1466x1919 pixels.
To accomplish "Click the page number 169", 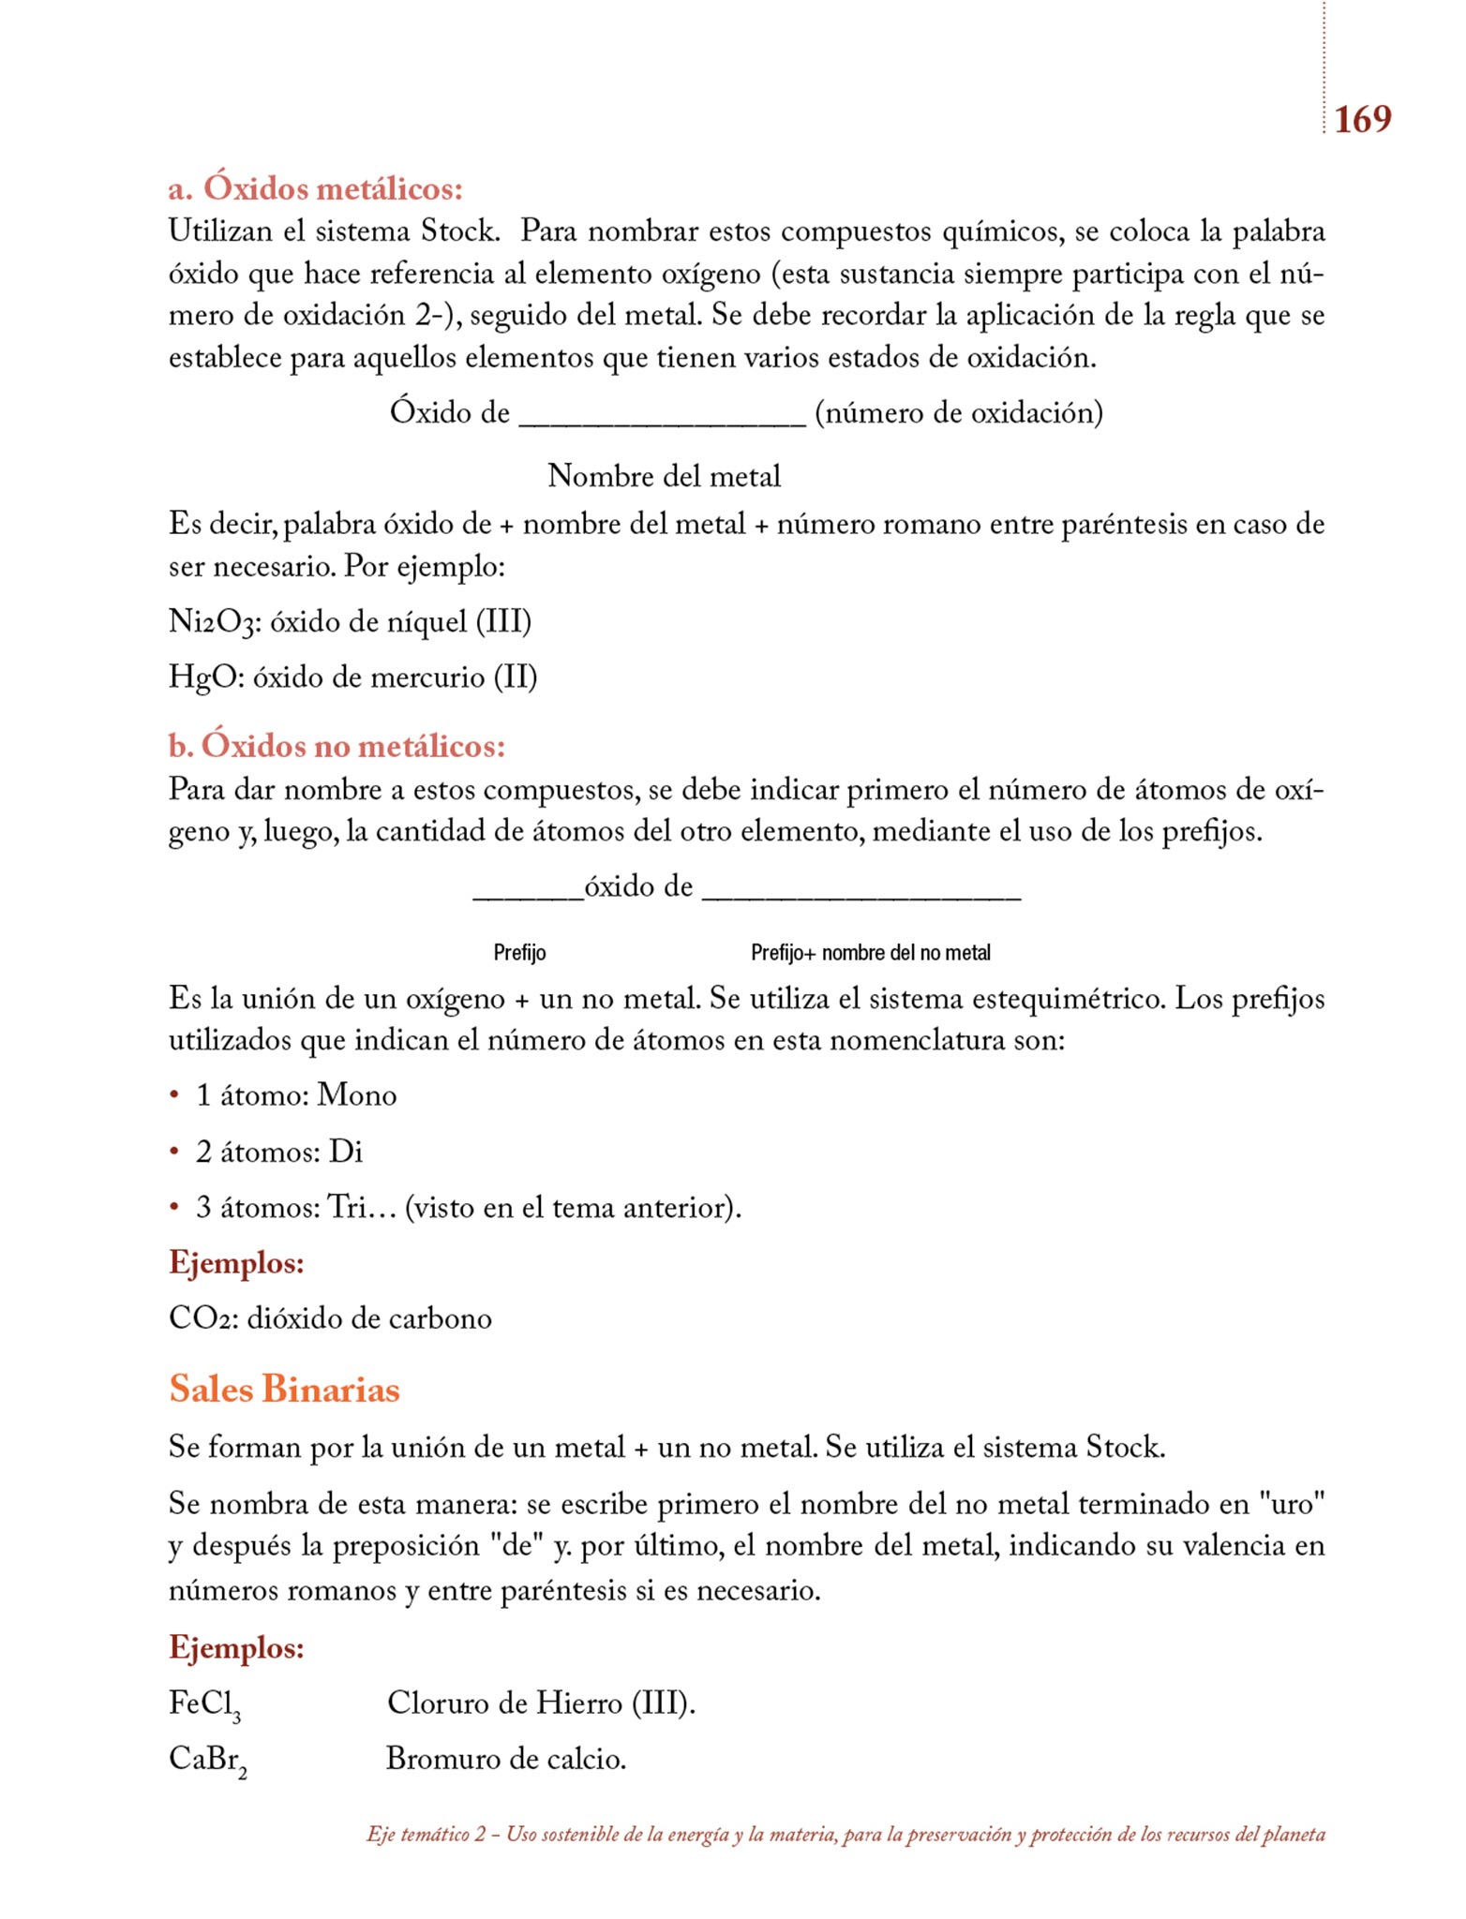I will [x=1362, y=120].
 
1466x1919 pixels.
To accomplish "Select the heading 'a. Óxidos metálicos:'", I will [x=316, y=189].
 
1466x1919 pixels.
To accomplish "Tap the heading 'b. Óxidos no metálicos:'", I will [x=337, y=746].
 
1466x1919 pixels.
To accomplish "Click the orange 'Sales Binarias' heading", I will [x=284, y=1389].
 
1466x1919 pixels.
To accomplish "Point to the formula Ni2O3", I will [x=211, y=622].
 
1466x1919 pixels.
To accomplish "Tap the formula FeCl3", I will [x=205, y=1703].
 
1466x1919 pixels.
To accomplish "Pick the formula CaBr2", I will [x=207, y=1760].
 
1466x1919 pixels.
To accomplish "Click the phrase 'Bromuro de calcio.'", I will [x=506, y=1759].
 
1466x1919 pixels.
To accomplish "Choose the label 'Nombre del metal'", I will [x=664, y=476].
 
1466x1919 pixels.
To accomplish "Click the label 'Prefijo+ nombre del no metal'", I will [x=870, y=953].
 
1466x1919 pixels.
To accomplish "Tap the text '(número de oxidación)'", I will [x=958, y=413].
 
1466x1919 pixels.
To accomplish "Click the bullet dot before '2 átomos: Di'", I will [x=174, y=1151].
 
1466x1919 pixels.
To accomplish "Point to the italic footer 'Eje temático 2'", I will [x=426, y=1835].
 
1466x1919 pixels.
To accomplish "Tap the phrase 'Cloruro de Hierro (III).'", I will [x=541, y=1703].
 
